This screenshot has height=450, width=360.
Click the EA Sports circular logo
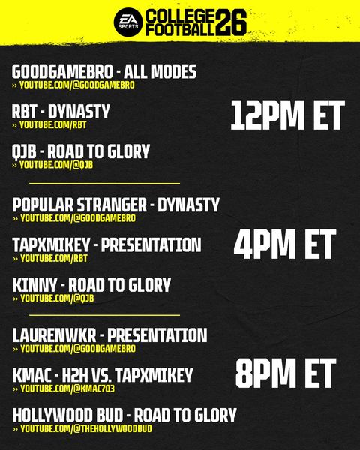point(128,22)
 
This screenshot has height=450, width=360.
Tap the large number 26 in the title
point(231,22)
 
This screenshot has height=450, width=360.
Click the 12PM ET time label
point(288,115)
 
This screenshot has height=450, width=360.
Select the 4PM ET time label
point(285,244)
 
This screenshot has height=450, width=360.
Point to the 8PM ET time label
point(286,373)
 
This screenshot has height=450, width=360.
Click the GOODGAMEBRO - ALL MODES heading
point(104,71)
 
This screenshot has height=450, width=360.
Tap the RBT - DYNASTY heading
point(61,112)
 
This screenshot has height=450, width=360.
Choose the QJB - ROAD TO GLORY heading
point(81,151)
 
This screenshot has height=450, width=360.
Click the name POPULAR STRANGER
point(79,205)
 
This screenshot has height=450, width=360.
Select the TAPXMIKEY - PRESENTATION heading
point(106,244)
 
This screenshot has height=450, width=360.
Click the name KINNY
point(34,285)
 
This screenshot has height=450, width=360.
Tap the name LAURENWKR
point(55,335)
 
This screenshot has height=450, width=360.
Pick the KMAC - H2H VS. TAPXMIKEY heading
point(103,375)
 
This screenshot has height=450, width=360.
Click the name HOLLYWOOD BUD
point(67,415)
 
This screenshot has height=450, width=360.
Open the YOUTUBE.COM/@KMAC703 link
point(67,388)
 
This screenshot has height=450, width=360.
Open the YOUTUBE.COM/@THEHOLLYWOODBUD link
point(86,428)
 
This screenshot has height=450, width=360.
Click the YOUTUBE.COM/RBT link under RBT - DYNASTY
point(52,124)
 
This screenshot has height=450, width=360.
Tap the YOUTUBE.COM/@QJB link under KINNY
point(57,298)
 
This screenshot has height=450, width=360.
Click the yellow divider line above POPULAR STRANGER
point(104,183)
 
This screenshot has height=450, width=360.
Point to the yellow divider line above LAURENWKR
point(104,315)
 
